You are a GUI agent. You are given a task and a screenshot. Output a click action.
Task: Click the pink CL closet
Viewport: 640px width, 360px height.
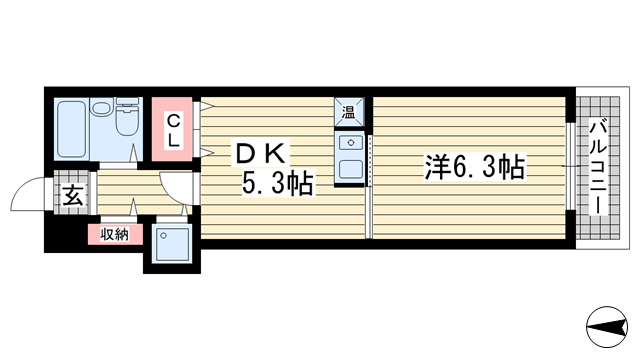click(x=174, y=130)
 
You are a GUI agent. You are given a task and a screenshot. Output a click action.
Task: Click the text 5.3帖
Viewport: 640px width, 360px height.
click(x=278, y=184)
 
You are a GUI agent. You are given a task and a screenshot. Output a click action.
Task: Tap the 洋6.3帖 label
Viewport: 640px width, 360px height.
click(x=473, y=166)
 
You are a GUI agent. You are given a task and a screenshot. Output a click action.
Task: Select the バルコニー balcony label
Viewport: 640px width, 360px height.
click(x=597, y=166)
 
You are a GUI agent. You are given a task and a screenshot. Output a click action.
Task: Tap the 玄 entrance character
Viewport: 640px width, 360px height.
click(x=74, y=196)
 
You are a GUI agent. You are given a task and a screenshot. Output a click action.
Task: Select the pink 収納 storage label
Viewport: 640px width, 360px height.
click(x=114, y=234)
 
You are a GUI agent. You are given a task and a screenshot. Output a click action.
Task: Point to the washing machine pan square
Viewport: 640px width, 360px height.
click(x=172, y=244)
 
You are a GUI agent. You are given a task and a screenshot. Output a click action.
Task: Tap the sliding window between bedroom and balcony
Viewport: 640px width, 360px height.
click(x=570, y=167)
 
